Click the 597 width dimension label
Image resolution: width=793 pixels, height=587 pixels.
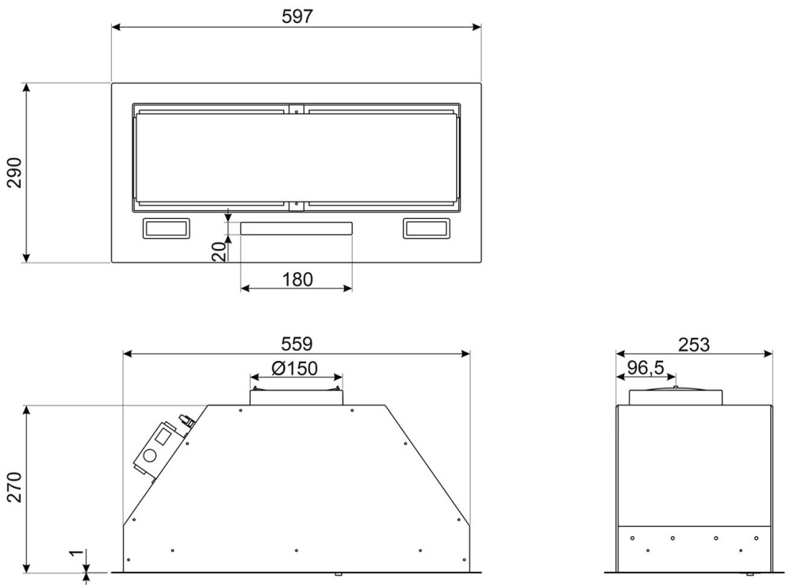point(297,16)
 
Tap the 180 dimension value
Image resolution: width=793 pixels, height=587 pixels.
point(297,279)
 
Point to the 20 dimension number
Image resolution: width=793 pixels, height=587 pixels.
point(219,251)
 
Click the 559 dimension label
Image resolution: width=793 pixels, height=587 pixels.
point(297,343)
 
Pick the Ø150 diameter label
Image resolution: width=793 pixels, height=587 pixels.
point(294,368)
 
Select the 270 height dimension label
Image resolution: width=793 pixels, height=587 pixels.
point(14,486)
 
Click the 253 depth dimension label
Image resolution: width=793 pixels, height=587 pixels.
point(693,344)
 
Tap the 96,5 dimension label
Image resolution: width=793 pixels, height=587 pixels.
point(646,367)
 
